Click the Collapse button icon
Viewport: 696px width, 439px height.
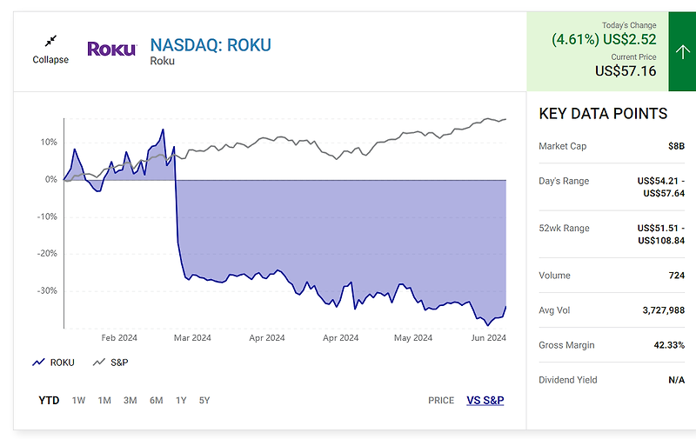50,41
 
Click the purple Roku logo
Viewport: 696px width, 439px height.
111,49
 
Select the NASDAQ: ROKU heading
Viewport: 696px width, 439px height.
211,44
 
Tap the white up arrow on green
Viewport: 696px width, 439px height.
681,51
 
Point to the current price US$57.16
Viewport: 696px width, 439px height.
626,71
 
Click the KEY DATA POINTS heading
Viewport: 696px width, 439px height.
603,114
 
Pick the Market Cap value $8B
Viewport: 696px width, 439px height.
675,146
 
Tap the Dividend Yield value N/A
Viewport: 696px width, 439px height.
675,380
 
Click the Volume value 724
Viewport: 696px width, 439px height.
675,276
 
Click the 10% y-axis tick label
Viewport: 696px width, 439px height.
48,142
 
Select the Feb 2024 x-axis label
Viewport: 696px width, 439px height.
119,338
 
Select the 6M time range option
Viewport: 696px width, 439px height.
156,401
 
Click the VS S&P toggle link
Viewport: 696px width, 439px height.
485,401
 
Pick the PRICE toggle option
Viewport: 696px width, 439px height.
441,401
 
